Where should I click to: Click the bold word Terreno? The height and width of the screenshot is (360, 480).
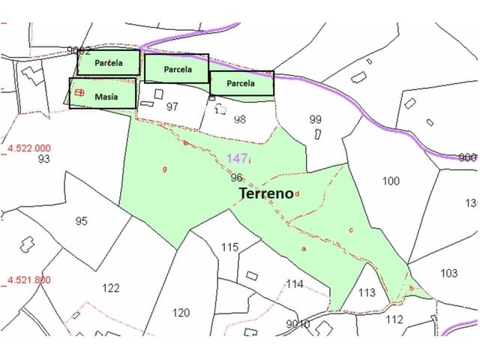click(x=265, y=193)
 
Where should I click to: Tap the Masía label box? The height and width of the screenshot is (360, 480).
click(x=103, y=94)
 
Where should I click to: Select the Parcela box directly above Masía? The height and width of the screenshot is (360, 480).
click(x=106, y=63)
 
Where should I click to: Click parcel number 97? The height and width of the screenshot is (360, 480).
click(x=172, y=106)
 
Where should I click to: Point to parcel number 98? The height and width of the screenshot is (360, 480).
click(x=240, y=119)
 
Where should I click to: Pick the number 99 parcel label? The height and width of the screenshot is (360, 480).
click(x=315, y=119)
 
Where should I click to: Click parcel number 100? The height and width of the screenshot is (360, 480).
click(x=391, y=181)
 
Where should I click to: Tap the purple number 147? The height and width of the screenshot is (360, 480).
click(x=236, y=158)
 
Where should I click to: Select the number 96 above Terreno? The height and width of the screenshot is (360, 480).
click(x=236, y=178)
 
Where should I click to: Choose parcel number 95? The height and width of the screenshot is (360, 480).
click(x=82, y=221)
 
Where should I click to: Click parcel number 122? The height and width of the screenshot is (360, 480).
click(x=110, y=288)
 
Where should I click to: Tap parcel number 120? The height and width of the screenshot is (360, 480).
click(x=181, y=313)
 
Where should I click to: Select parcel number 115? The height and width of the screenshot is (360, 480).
click(x=229, y=247)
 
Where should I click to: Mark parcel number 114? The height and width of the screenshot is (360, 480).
click(x=295, y=284)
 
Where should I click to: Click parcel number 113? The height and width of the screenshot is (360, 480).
click(x=367, y=292)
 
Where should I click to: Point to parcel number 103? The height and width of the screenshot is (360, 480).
click(x=448, y=273)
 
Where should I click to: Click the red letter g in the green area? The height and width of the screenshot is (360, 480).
click(x=164, y=169)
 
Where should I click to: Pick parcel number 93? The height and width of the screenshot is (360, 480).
click(x=43, y=159)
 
